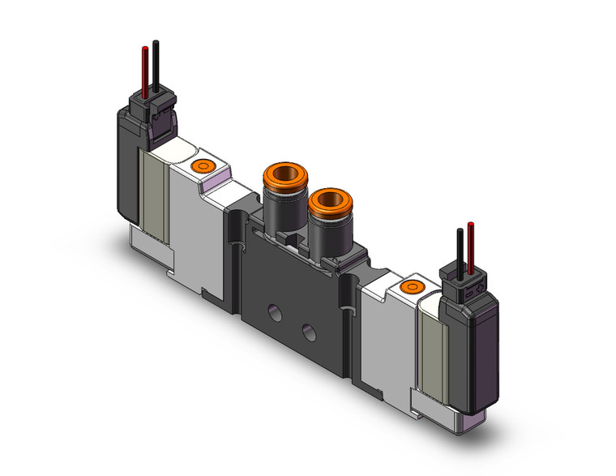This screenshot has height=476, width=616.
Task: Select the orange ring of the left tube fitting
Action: click(x=279, y=174)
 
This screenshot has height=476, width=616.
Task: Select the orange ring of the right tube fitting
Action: click(x=325, y=198)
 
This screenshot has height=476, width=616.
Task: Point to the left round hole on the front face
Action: click(x=272, y=310)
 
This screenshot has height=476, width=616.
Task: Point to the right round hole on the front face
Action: click(x=308, y=330)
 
